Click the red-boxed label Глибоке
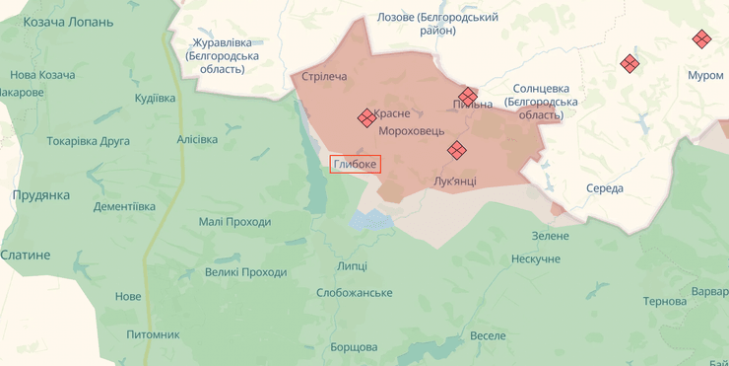(x=356, y=165)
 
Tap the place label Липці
(x=351, y=266)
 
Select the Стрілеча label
(x=324, y=77)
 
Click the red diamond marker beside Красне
(x=365, y=117)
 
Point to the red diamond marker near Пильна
(x=468, y=96)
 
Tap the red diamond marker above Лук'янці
(x=456, y=150)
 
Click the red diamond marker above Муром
(x=701, y=39)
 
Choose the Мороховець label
(x=411, y=130)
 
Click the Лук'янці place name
(x=454, y=181)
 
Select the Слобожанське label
(x=354, y=293)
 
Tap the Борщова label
(x=354, y=347)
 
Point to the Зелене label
(x=550, y=236)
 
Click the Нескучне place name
(x=535, y=258)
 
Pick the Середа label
(x=604, y=188)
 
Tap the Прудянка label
(x=40, y=195)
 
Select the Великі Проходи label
(x=245, y=272)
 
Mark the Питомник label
(x=153, y=334)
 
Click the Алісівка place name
(x=197, y=139)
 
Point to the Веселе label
(x=488, y=335)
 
